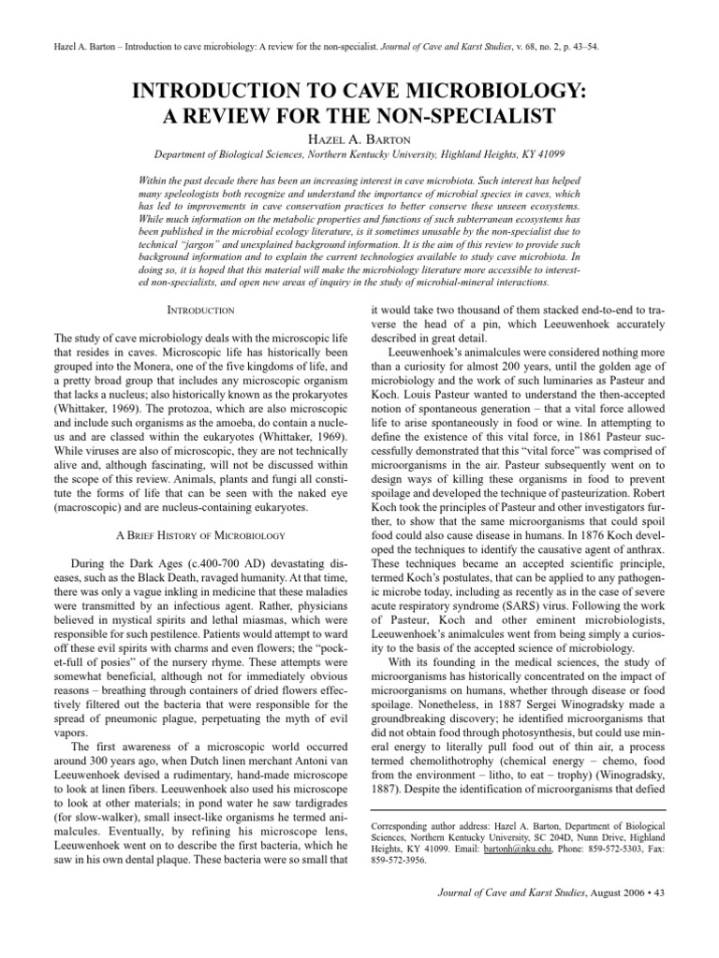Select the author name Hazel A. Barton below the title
pos(359,138)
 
